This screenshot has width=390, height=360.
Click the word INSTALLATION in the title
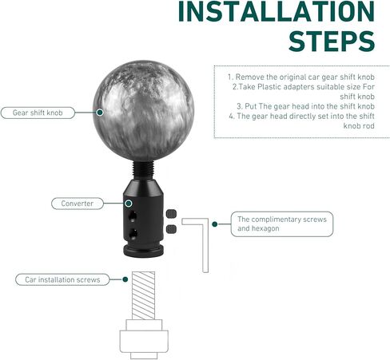[276, 11]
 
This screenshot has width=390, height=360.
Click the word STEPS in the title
[332, 42]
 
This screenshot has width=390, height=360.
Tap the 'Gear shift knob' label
[38, 113]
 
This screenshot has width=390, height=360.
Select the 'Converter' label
[78, 204]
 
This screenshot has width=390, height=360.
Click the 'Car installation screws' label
[62, 279]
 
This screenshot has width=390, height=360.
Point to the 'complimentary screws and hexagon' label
[282, 224]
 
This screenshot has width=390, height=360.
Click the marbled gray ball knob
[143, 110]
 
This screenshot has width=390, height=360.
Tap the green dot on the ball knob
[100, 113]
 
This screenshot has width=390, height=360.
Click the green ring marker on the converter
[129, 204]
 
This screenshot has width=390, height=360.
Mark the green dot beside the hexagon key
[215, 224]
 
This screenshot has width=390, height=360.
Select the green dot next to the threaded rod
[125, 279]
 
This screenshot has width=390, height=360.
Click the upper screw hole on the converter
[132, 216]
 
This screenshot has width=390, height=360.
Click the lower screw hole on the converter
[133, 234]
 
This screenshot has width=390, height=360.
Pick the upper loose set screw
[171, 214]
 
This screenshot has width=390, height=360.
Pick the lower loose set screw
[171, 229]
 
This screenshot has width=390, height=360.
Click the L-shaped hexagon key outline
[205, 245]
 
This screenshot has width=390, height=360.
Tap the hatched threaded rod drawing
[143, 295]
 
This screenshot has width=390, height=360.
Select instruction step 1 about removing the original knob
[301, 77]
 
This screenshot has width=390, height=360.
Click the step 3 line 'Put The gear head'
[305, 106]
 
